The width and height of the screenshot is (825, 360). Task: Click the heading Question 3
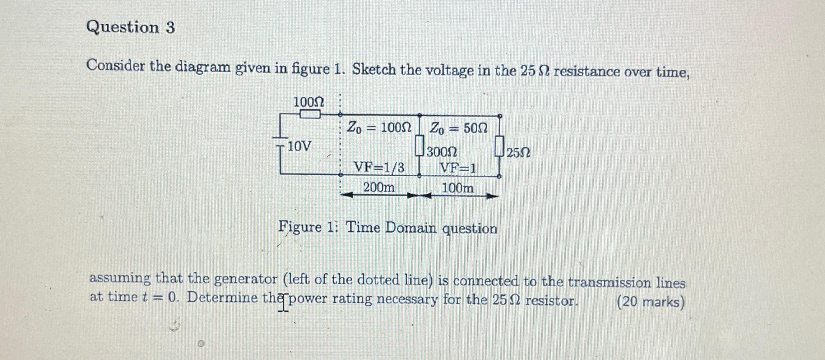point(131,27)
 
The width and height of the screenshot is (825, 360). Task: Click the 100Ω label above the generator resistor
point(308,103)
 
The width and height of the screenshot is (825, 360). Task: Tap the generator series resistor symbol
point(310,114)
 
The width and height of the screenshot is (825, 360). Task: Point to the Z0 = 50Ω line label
point(458,128)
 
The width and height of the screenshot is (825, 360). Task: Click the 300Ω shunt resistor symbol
point(419,146)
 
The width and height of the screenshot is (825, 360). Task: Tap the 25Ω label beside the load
point(518,153)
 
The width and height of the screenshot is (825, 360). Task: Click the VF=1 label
point(458,168)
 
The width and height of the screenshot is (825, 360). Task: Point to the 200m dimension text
point(379,188)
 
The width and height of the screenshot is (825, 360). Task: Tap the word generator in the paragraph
point(245,279)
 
